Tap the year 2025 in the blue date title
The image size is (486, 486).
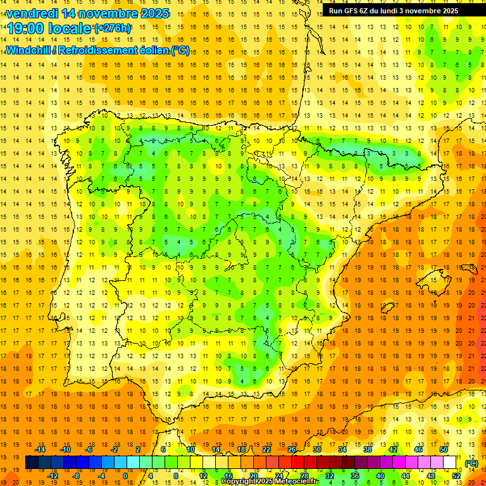[151, 13]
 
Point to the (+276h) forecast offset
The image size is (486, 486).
[113, 28]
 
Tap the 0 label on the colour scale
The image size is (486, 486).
[125, 475]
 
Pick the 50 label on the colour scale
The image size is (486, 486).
[444, 449]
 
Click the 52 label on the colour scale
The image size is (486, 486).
[456, 475]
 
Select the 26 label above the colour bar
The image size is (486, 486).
[292, 449]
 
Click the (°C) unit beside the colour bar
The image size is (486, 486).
[471, 463]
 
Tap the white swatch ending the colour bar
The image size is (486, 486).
[450, 463]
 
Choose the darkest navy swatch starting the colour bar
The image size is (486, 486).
[32, 463]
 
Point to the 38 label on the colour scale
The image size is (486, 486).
[368, 449]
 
